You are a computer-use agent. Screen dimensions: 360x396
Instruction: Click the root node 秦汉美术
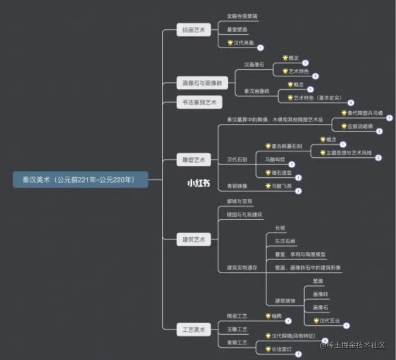[80, 179]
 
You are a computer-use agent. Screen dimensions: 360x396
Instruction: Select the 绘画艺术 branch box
[194, 30]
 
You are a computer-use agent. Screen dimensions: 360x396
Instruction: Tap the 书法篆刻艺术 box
[199, 102]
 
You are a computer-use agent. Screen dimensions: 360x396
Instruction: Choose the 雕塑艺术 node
[194, 159]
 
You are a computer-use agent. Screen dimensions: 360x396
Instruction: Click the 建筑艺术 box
[194, 239]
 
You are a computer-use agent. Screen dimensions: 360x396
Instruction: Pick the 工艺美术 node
[194, 329]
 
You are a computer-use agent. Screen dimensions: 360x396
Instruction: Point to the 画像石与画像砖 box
[199, 83]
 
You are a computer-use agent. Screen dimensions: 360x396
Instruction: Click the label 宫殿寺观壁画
[242, 16]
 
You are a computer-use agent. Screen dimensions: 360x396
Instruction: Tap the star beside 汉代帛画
[230, 43]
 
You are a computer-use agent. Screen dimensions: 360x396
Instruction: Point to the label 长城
[280, 228]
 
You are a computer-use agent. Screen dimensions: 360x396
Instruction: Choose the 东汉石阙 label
[285, 241]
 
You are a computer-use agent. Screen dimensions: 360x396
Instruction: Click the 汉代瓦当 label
[329, 321]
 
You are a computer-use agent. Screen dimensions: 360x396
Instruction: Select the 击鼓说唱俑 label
[360, 126]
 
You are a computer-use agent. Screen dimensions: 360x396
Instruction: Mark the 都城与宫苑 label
[239, 201]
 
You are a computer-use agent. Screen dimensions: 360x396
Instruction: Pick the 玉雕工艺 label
[237, 329]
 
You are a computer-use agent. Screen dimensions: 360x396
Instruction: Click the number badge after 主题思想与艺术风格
[378, 158]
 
